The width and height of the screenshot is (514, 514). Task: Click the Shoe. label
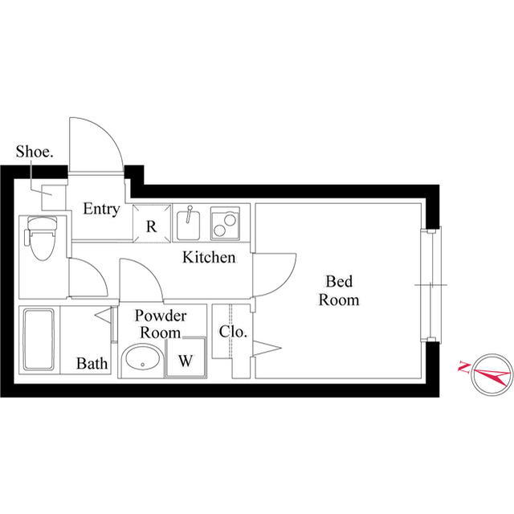(x=35, y=152)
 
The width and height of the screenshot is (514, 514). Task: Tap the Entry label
(x=102, y=210)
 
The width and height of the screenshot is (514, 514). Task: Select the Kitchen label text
(x=209, y=258)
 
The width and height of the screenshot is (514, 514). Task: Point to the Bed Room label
(x=338, y=290)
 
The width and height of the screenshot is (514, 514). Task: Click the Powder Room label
(x=161, y=324)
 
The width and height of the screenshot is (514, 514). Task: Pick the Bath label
(x=92, y=364)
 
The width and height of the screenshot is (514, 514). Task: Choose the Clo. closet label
(x=233, y=332)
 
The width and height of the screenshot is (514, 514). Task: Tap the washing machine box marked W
(x=185, y=360)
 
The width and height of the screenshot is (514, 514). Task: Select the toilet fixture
(x=39, y=238)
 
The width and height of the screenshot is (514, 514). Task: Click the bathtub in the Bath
(x=39, y=341)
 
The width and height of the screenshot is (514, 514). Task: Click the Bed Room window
(x=434, y=284)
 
